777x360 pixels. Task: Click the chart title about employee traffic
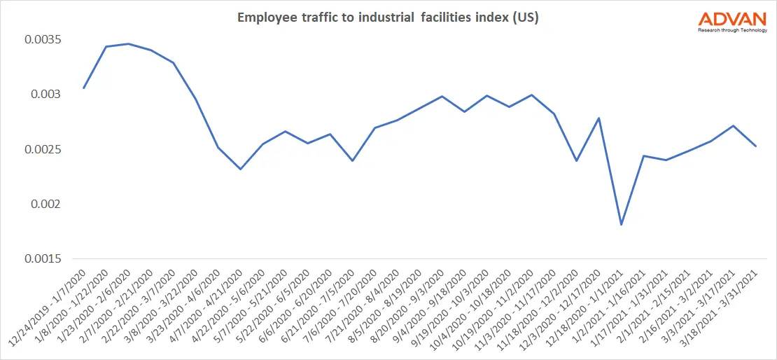tap(388, 18)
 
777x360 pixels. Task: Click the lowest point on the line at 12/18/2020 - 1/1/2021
tap(621, 225)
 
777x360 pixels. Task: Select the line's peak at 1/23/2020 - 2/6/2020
tap(128, 44)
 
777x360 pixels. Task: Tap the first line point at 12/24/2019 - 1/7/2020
tap(84, 88)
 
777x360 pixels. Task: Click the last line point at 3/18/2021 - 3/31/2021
tap(755, 146)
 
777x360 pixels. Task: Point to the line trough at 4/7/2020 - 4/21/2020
tap(240, 169)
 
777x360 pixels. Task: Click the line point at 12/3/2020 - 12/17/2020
tap(598, 118)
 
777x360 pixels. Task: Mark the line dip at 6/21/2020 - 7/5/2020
tap(352, 160)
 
